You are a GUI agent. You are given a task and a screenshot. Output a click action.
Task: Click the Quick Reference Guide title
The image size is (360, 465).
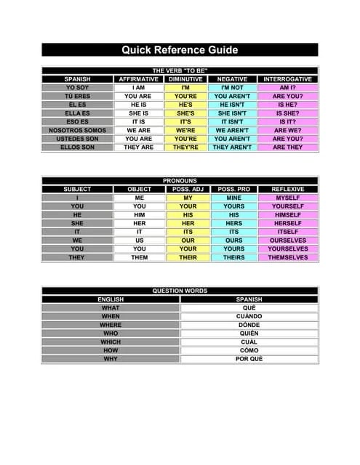click(180, 50)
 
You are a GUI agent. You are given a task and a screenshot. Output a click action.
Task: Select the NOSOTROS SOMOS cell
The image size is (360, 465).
click(77, 130)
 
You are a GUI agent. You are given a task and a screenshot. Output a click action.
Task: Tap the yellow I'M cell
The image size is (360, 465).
click(185, 87)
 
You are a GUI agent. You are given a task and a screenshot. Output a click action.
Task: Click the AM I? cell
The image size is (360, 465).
click(288, 87)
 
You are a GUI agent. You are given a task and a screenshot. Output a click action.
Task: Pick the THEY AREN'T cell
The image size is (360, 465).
click(232, 147)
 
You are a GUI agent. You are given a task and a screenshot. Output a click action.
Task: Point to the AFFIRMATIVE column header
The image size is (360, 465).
click(138, 78)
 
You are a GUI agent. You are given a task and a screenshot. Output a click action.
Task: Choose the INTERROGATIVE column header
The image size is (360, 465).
click(288, 78)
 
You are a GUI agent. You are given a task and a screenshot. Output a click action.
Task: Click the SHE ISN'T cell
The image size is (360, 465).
click(232, 113)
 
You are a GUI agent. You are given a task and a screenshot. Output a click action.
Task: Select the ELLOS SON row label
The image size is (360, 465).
click(77, 147)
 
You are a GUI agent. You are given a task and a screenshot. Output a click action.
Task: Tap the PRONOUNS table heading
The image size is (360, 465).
click(180, 180)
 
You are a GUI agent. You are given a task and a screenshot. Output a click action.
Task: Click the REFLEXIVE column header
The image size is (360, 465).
click(288, 189)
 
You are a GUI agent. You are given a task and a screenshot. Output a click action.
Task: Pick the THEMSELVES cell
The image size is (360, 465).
click(288, 257)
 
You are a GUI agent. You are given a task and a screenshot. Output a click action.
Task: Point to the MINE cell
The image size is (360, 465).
click(233, 198)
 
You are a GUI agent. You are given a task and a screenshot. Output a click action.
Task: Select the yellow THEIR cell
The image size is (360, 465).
click(188, 257)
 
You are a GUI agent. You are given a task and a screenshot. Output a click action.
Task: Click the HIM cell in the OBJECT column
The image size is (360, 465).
click(140, 214)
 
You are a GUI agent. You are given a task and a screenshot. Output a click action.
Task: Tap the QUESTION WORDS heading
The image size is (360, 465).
click(180, 291)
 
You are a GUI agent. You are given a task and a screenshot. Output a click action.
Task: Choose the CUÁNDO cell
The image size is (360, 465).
click(249, 316)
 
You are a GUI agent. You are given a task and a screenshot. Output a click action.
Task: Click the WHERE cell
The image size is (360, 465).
click(111, 325)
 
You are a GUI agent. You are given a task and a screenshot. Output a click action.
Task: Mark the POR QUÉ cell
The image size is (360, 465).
click(249, 359)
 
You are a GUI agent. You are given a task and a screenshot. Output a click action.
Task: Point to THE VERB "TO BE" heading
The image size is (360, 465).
click(180, 70)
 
